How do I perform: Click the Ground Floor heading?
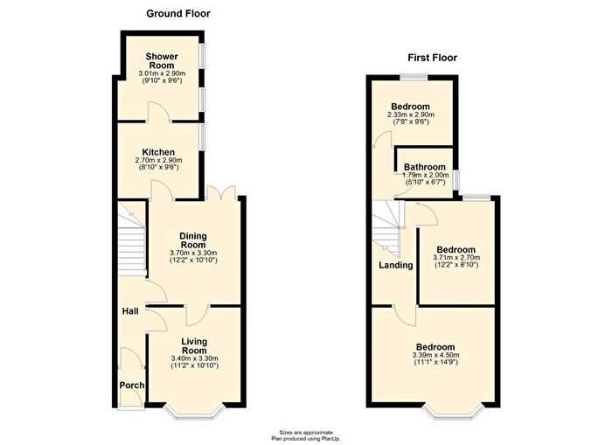178,14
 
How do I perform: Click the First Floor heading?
433,58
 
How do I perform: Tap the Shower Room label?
162,61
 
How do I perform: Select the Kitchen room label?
158,152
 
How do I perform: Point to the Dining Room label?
193,240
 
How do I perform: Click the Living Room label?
194,346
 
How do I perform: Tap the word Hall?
130,311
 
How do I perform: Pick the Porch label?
132,386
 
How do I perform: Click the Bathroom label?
425,167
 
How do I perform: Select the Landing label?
396,266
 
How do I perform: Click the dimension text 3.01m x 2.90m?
162,73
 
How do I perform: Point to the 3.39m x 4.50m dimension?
435,355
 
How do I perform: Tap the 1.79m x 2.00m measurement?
426,175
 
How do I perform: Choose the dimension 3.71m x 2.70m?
456,258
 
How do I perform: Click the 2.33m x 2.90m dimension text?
411,115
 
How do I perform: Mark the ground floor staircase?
132,239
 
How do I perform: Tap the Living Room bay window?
194,412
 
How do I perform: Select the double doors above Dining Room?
221,193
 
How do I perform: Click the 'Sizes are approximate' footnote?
306,432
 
